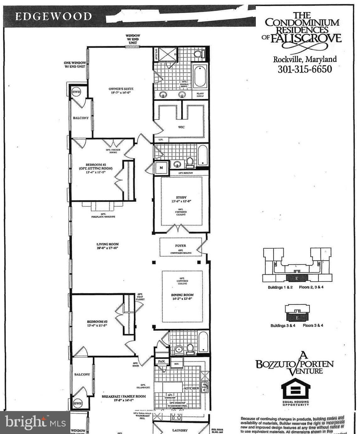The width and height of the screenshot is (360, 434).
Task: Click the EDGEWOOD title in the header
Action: pyautogui.click(x=53, y=16)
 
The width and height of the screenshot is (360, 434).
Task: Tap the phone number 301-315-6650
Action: pyautogui.click(x=304, y=69)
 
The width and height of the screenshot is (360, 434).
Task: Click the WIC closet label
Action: pyautogui.click(x=181, y=127)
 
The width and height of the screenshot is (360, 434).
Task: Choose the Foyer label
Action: pyautogui.click(x=181, y=246)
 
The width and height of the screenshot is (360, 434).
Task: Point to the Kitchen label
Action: pyautogui.click(x=191, y=388)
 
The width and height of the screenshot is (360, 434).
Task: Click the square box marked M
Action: pyautogui.click(x=161, y=168)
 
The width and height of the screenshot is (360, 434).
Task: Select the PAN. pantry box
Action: pyautogui.click(x=161, y=361)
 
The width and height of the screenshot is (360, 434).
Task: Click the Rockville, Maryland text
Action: pyautogui.click(x=304, y=59)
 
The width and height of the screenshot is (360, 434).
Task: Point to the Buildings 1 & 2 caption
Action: pyautogui.click(x=280, y=287)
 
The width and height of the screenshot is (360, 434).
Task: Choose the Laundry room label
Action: pyautogui.click(x=180, y=430)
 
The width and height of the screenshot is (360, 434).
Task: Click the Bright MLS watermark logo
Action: pyautogui.click(x=35, y=422)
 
